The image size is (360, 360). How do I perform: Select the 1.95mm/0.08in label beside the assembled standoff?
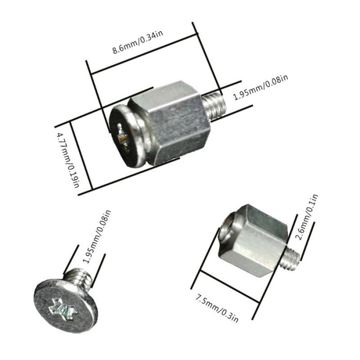[x=260, y=88]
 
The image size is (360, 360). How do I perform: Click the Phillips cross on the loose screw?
[x=61, y=309]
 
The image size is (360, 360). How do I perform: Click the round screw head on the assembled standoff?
[x=123, y=134]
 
